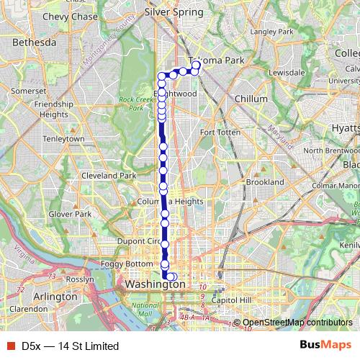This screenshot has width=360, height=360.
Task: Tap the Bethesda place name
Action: coord(34,43)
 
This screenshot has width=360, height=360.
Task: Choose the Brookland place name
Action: coord(265,183)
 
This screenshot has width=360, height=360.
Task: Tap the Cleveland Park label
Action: coord(109,176)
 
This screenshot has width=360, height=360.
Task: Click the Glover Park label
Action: coord(69,214)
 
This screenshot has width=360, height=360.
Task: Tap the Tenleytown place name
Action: coord(65,138)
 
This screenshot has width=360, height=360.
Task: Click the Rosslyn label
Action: coord(79,279)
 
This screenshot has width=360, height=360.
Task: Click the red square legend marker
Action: coord(10,346)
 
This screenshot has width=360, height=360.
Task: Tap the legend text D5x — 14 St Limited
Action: coord(70,346)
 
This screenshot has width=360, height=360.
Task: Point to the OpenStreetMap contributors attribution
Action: coord(297,323)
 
